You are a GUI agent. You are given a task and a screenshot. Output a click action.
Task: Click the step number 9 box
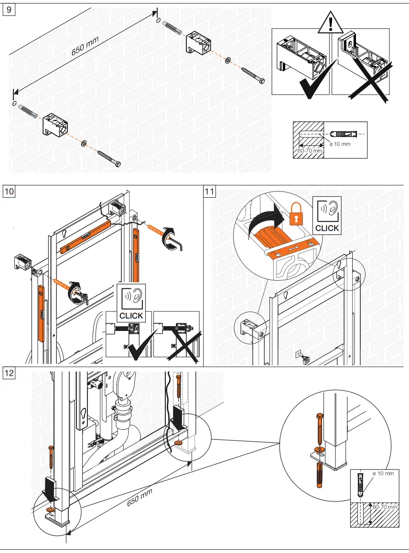(x=9, y=9)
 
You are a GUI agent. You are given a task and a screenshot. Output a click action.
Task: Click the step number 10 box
(x=9, y=191)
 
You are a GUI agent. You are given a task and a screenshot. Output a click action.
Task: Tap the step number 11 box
(x=210, y=191)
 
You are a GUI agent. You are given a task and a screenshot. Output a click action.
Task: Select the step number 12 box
(x=9, y=373)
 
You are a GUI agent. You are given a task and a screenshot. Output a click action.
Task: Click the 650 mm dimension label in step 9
(x=85, y=46)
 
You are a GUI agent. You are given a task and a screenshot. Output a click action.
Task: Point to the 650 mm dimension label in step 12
(x=140, y=497)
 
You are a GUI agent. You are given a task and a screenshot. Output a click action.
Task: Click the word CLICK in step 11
(x=327, y=228)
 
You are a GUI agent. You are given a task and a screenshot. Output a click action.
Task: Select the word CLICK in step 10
(x=131, y=316)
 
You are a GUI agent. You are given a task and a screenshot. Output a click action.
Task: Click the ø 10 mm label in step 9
(x=340, y=144)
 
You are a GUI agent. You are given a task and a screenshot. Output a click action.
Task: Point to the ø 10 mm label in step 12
(x=383, y=473)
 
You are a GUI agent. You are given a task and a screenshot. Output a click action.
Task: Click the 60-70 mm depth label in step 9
(x=310, y=150)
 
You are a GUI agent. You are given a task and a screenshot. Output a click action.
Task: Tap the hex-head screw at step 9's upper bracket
(x=253, y=75)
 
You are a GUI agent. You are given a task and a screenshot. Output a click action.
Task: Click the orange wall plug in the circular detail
(x=320, y=475)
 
